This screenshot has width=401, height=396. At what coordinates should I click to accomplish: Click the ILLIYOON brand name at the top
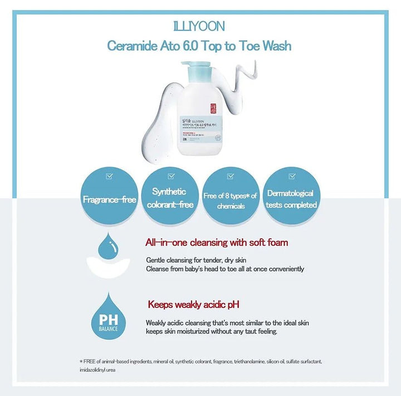199,26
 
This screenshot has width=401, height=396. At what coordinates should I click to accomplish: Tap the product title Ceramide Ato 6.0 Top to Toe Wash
199,45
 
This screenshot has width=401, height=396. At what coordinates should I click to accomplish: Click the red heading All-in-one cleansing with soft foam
217,243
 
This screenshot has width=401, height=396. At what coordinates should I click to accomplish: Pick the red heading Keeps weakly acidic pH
193,305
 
